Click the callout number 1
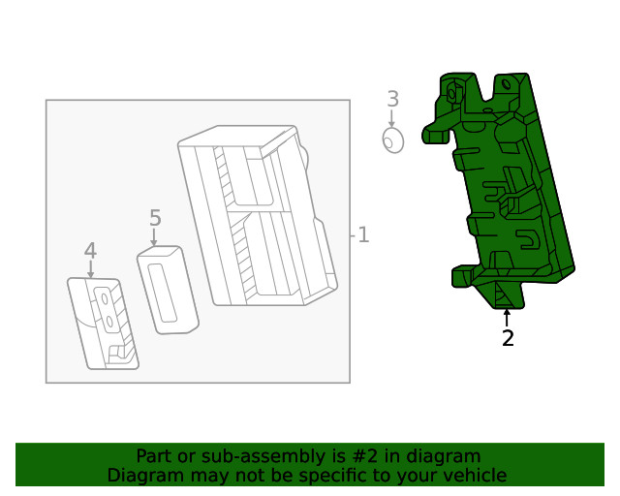point(363,234)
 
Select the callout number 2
point(507,338)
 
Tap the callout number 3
point(392,99)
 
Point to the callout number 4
point(90,251)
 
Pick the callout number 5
point(155,218)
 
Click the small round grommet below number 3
point(391,141)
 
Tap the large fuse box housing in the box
point(257,218)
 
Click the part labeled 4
point(103,324)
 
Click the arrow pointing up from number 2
point(506,317)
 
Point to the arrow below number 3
point(391,118)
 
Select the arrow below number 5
point(154,237)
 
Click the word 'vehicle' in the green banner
point(474,476)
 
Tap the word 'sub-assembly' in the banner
point(230,456)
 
